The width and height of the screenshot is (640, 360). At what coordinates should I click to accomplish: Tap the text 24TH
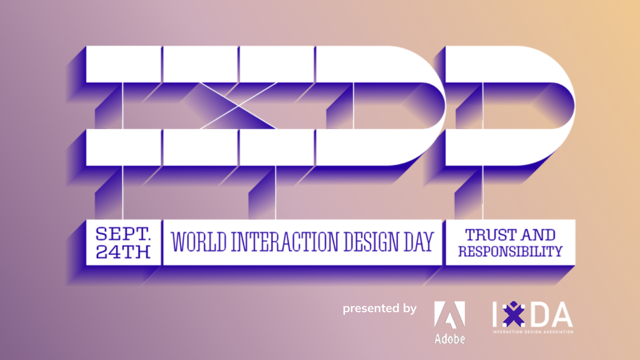click(x=123, y=252)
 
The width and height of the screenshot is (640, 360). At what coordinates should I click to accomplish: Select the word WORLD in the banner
click(x=199, y=242)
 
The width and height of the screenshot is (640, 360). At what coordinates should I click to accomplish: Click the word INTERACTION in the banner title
click(x=284, y=242)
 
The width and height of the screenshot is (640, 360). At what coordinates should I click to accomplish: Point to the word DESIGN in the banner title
click(x=371, y=242)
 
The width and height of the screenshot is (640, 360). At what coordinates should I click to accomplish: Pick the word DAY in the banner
click(x=419, y=242)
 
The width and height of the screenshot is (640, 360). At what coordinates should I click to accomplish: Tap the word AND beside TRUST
click(x=539, y=235)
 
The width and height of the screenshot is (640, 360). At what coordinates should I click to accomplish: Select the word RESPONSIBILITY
click(x=510, y=251)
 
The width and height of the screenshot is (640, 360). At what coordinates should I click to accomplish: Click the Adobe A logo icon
click(x=449, y=315)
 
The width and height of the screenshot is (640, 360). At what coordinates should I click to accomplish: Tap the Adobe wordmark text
click(x=450, y=339)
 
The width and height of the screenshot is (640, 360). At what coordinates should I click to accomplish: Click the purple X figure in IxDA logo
click(x=513, y=314)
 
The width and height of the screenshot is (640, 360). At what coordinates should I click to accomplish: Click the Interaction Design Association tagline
click(x=533, y=332)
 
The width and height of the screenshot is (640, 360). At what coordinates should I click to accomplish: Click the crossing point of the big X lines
click(x=238, y=106)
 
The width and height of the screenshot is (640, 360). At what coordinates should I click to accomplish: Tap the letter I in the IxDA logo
click(x=495, y=314)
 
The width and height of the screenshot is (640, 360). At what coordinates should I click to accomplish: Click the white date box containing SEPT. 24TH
click(x=123, y=242)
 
